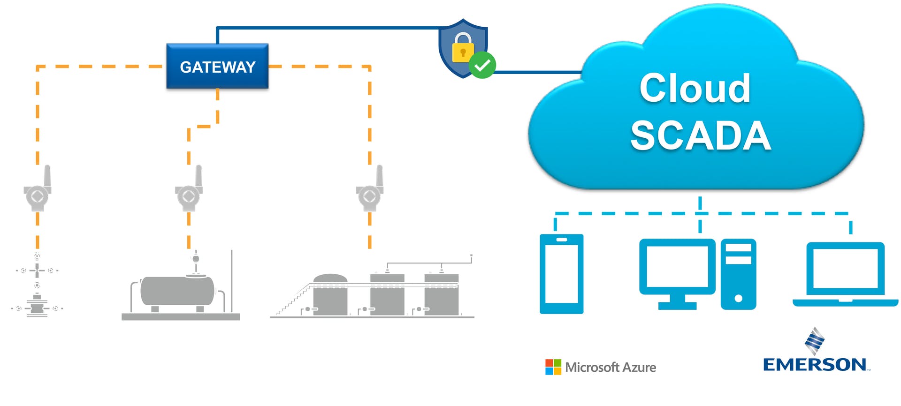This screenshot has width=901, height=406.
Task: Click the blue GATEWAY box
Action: (217, 67)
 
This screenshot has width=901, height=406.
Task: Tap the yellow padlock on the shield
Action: (463, 49)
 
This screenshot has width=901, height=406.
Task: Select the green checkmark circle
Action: (482, 66)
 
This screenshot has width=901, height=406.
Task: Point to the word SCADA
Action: (701, 135)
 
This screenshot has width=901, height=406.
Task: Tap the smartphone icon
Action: (562, 274)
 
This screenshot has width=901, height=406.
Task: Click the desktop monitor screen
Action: (677, 266)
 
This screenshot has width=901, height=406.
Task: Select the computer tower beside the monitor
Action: (738, 274)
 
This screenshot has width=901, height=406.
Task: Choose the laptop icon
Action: (845, 274)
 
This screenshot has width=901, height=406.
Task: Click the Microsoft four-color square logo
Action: (553, 367)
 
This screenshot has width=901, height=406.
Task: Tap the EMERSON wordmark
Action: (815, 365)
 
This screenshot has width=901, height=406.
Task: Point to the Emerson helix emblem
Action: (815, 341)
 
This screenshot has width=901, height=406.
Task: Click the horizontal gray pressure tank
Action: (177, 291)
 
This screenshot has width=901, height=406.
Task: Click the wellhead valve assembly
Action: (37, 288)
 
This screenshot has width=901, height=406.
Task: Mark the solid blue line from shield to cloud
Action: (537, 72)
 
